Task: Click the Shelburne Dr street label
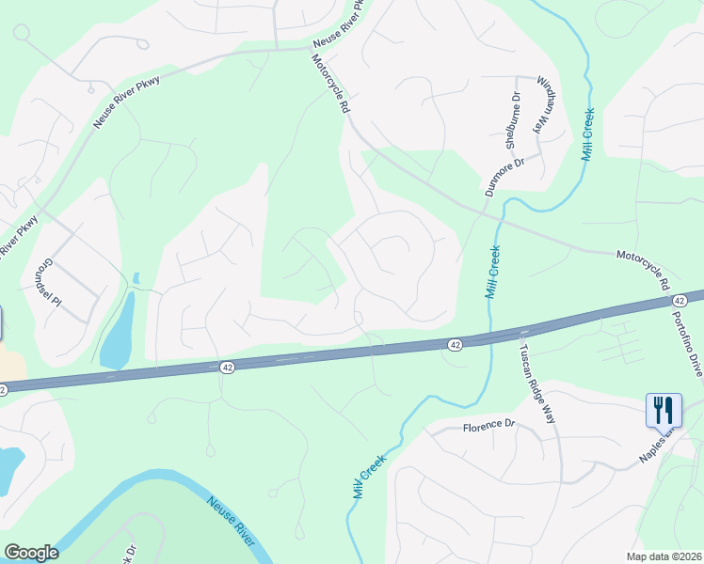point(514,121)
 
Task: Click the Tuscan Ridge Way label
point(537,382)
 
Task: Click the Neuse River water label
point(232,518)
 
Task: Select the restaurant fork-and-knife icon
point(663,410)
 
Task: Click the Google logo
point(31,553)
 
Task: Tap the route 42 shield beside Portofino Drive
point(680,299)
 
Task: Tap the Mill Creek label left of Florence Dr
point(371,474)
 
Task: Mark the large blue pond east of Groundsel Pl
point(117,331)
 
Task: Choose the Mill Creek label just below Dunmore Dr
point(492,273)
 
